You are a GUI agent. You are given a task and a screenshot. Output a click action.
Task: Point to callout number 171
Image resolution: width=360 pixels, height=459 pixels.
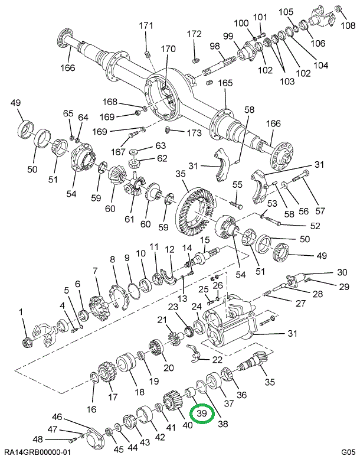(x=146, y=25)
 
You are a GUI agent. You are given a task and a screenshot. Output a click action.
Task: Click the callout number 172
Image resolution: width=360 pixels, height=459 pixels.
(x=194, y=34)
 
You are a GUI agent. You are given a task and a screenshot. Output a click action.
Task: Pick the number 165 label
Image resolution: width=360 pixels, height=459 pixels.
(x=225, y=83)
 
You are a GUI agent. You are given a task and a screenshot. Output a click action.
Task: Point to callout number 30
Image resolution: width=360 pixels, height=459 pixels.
(x=342, y=272)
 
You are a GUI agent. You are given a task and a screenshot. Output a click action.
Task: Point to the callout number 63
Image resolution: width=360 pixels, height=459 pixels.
(x=145, y=146)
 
